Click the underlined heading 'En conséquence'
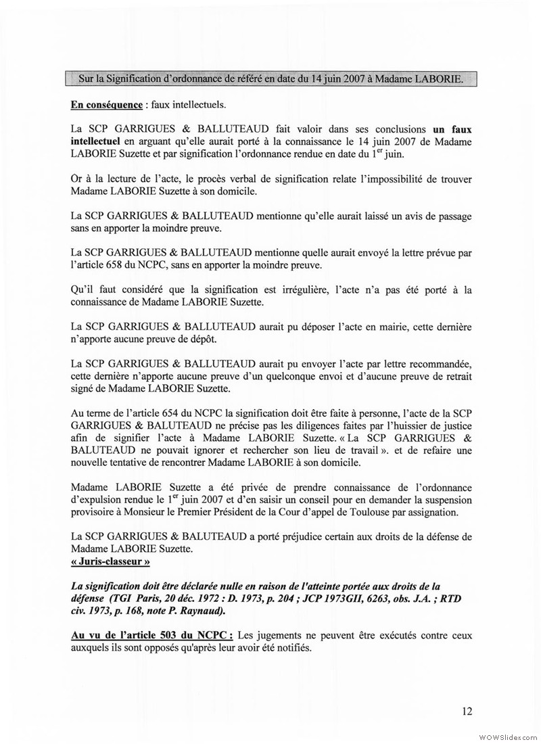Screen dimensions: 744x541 [x=103, y=106]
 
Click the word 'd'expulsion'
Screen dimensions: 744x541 [x=97, y=499]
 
